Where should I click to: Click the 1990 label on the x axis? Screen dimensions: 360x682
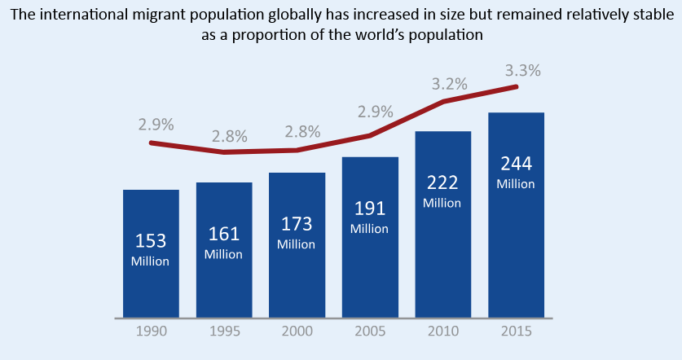[151, 333]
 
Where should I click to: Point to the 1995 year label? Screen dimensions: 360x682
[224, 333]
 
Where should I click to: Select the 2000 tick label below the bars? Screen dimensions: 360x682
[297, 333]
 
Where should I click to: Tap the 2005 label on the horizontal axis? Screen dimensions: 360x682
[370, 333]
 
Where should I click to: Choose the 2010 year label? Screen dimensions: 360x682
[442, 333]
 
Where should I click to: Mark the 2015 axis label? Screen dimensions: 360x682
[516, 333]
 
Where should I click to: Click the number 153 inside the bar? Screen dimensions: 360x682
[151, 241]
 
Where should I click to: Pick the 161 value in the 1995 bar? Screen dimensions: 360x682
[224, 235]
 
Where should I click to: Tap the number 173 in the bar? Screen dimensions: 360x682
[297, 224]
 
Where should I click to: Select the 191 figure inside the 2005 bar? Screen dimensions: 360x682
[370, 209]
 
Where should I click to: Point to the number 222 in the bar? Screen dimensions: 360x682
[442, 182]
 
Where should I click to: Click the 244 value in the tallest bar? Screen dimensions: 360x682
[516, 164]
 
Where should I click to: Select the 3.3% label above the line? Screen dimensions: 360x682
[523, 71]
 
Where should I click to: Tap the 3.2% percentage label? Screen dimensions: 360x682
[449, 84]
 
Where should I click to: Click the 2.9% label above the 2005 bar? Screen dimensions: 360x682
[376, 112]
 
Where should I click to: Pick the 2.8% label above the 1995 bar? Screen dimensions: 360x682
[230, 136]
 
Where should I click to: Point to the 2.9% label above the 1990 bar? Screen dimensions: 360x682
[156, 125]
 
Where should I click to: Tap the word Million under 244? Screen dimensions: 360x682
[516, 184]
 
